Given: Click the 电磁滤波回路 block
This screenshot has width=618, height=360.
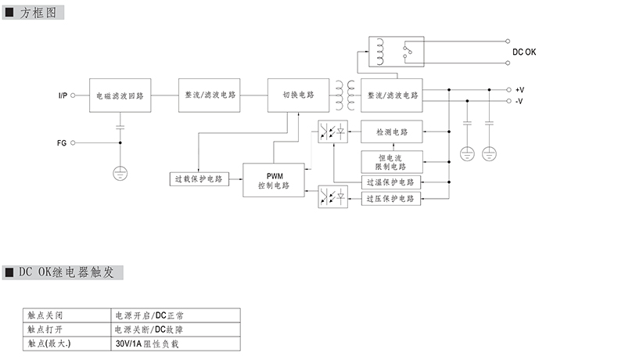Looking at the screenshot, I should (x=120, y=95).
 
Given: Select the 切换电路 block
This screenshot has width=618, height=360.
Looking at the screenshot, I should (x=298, y=95).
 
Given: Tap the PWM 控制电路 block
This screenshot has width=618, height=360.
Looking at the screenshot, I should (x=274, y=181).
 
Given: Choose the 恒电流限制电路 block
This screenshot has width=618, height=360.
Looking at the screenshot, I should (x=392, y=162).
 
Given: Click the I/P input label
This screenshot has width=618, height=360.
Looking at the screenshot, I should (x=63, y=95).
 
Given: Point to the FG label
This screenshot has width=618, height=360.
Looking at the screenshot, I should (x=62, y=143).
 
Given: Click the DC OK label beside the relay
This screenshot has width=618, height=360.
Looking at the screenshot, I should (x=525, y=52).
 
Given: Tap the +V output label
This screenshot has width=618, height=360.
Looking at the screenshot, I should (x=520, y=90).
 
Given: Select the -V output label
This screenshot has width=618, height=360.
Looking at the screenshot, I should (x=519, y=102).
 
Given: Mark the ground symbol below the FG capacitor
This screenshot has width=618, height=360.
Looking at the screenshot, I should (x=120, y=171).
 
